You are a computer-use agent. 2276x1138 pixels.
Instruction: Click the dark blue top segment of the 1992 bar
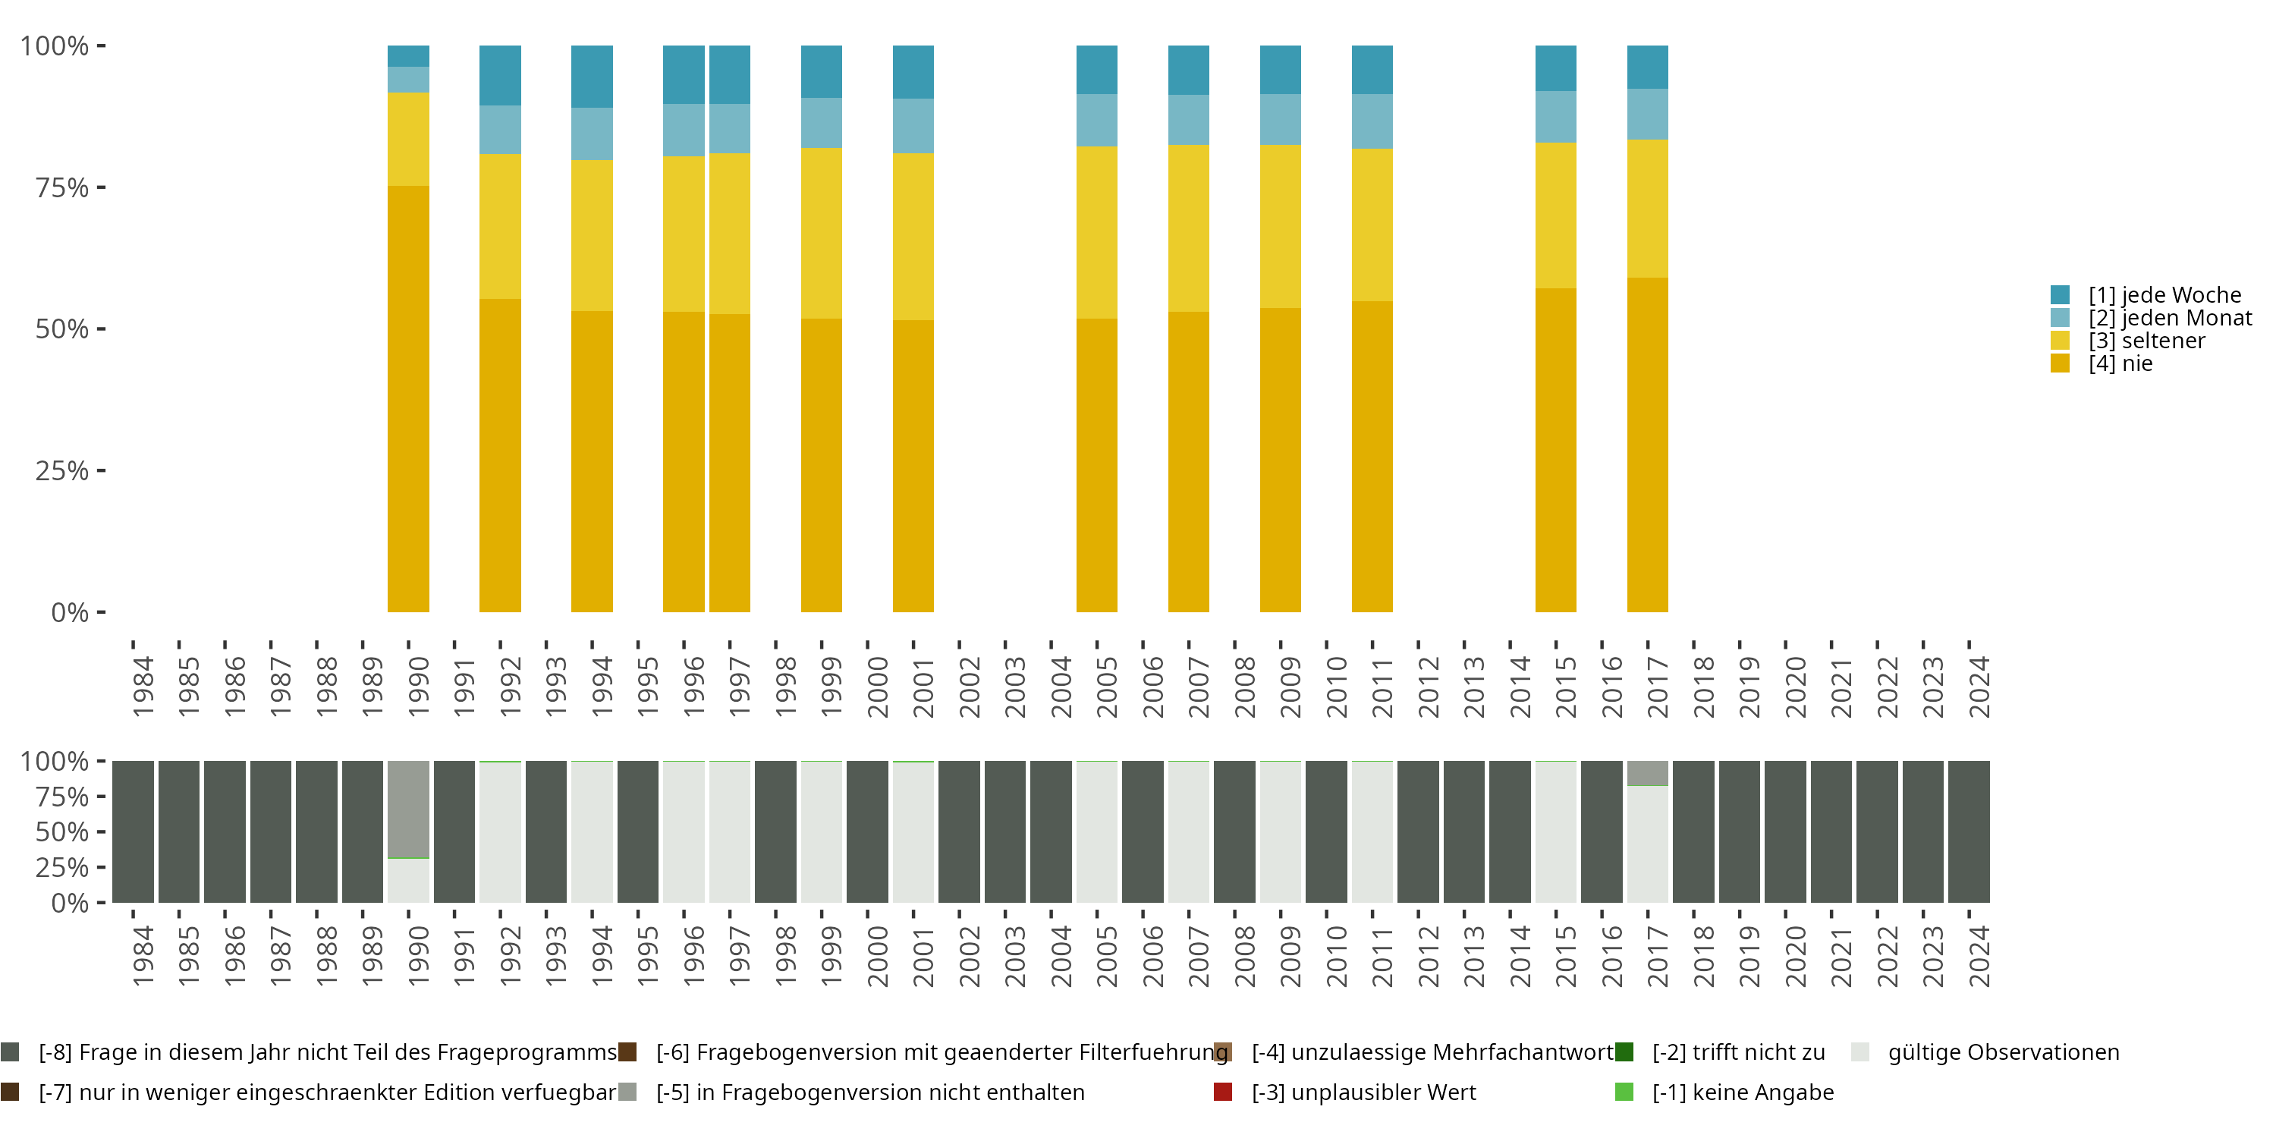click(x=500, y=75)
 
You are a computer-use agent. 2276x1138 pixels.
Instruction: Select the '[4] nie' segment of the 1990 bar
click(x=408, y=398)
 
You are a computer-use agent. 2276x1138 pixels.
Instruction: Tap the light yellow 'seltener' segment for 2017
click(x=1648, y=209)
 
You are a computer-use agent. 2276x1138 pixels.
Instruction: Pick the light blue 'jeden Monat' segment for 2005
click(x=1096, y=120)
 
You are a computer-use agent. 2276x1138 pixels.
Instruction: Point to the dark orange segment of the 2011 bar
click(x=1372, y=456)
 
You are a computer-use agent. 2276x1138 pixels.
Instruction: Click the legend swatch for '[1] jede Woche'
click(x=2060, y=295)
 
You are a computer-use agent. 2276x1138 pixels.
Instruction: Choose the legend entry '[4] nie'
click(x=2120, y=364)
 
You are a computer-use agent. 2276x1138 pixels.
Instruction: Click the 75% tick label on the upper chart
click(x=62, y=187)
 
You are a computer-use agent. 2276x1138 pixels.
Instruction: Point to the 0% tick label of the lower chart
click(x=70, y=903)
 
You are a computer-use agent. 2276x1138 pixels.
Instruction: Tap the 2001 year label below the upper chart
click(x=923, y=687)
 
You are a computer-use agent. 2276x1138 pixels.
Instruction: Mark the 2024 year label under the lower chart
click(x=1979, y=957)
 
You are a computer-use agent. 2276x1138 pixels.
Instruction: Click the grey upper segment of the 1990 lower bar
click(x=408, y=809)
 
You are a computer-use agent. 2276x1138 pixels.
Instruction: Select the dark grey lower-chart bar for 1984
click(x=134, y=831)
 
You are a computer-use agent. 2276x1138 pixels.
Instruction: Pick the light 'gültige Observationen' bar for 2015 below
click(x=1556, y=831)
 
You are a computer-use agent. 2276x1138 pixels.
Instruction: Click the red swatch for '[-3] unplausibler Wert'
click(x=1223, y=1092)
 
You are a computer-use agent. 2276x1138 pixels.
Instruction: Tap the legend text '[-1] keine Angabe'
click(x=1743, y=1092)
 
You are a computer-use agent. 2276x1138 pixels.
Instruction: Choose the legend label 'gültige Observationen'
click(x=2003, y=1052)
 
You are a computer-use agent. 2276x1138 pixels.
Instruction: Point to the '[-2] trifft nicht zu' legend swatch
click(x=1624, y=1052)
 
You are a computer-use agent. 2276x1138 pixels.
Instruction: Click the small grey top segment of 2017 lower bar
click(x=1648, y=773)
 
